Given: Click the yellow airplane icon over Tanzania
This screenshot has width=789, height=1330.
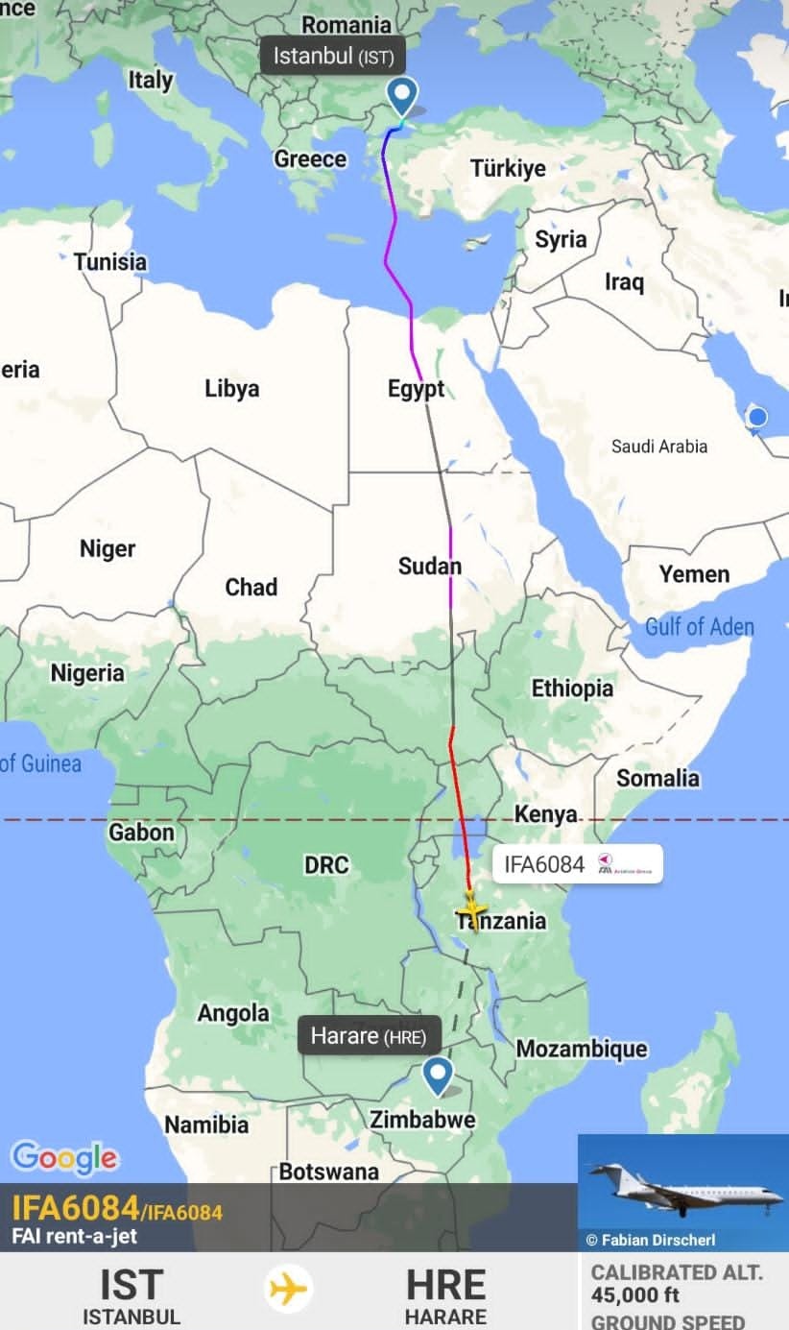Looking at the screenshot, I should [471, 908].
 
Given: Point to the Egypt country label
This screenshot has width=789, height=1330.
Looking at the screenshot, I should [416, 389].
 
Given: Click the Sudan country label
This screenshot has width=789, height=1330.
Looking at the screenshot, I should [429, 567].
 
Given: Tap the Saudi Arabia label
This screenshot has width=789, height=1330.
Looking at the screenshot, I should [659, 446].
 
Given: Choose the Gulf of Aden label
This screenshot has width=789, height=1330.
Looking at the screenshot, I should [699, 627].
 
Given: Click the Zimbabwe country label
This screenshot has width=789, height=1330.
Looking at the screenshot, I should [422, 1120].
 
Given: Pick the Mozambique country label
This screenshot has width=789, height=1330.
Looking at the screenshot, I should [582, 1049].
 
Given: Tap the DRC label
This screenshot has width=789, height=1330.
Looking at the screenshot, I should [326, 865].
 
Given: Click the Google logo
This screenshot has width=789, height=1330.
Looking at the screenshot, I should [64, 1158].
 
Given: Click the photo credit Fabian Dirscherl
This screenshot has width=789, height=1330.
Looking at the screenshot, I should [657, 1240].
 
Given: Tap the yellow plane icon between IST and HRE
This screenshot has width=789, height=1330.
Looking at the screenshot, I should [289, 1288].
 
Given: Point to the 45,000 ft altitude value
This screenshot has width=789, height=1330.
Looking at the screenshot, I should [635, 1295].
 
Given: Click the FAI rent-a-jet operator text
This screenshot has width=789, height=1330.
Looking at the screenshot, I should [74, 1236].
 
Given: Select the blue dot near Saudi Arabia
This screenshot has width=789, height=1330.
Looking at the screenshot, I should [757, 417].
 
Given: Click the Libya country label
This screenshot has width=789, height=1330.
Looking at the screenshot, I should [231, 389].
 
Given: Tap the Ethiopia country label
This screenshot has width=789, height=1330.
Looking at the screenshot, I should [572, 689].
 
